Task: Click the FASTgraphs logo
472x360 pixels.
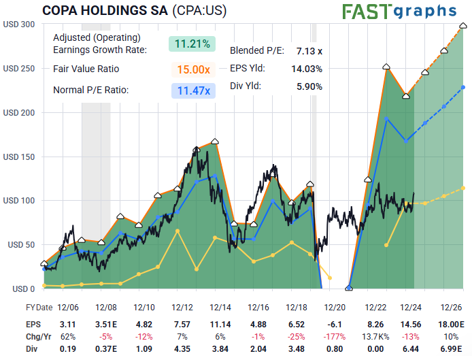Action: pos(399,11)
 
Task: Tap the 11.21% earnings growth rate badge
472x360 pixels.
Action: pos(192,44)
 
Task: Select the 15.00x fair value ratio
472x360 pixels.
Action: pos(192,69)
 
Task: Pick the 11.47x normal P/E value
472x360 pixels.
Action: pos(192,91)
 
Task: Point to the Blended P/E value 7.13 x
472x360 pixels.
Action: pos(309,50)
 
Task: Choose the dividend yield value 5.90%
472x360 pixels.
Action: pos(309,86)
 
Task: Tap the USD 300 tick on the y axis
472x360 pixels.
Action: pos(19,24)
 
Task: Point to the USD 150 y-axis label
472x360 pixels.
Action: pos(19,157)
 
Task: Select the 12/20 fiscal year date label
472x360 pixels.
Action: pos(335,308)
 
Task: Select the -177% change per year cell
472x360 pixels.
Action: pos(335,336)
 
